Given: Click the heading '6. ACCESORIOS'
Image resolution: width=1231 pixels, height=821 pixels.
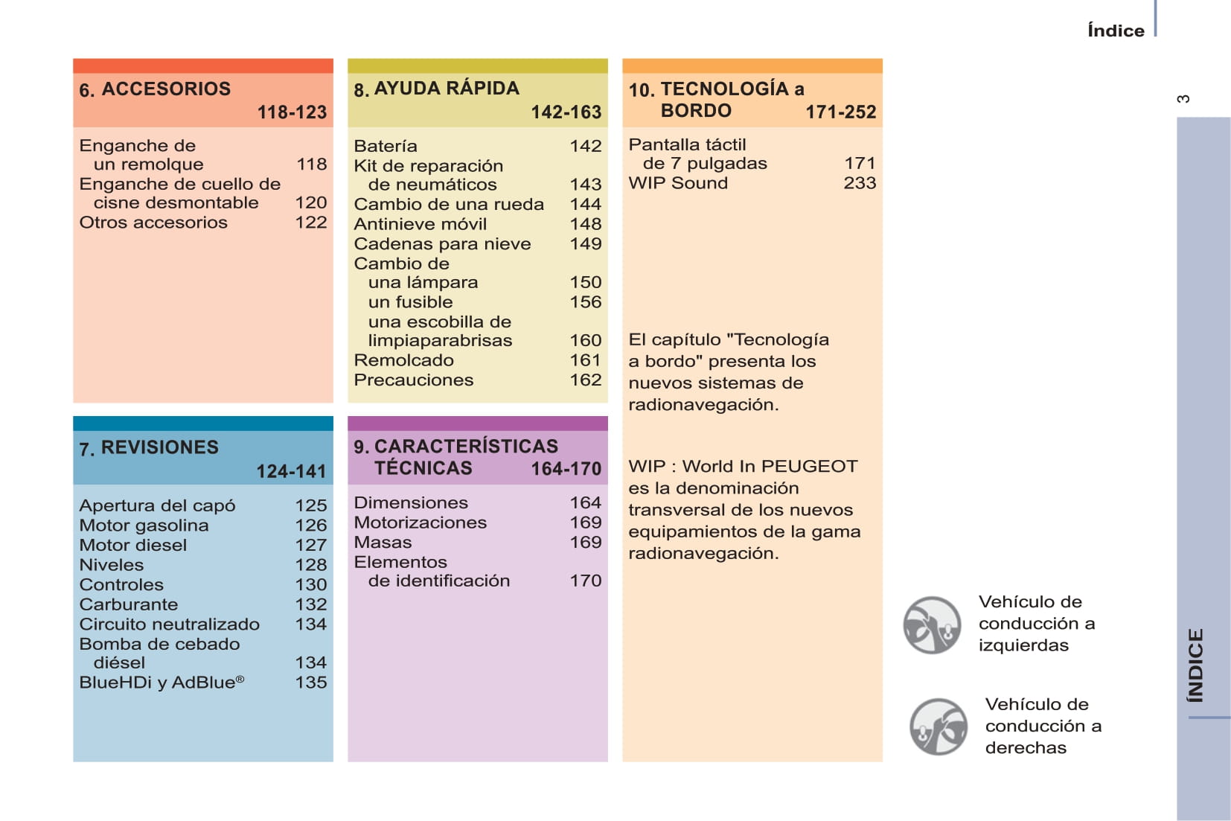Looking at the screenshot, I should (x=155, y=89).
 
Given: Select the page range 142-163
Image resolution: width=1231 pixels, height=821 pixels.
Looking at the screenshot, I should (x=566, y=112).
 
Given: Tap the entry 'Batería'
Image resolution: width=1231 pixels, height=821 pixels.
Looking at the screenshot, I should (x=386, y=146).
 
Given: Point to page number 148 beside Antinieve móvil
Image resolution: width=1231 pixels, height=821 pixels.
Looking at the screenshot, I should (x=585, y=224).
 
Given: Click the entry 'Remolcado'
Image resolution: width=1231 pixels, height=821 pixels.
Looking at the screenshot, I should (x=403, y=360).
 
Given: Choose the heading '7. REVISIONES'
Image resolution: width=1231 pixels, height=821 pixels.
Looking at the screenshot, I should (x=149, y=447).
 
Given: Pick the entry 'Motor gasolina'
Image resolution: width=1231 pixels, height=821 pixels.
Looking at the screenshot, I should (x=144, y=525).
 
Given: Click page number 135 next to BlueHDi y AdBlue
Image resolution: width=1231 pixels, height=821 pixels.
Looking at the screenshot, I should (x=310, y=683).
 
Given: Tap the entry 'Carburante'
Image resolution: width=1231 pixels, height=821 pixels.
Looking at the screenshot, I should (x=129, y=604).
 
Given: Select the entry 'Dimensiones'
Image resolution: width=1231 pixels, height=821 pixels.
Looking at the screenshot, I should (x=411, y=503).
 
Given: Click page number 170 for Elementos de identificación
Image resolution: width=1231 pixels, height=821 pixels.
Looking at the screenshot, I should (x=585, y=581).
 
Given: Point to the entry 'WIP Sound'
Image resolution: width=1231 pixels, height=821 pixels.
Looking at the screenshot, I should (x=678, y=183).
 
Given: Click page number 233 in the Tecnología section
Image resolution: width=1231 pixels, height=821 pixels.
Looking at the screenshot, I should (x=860, y=183).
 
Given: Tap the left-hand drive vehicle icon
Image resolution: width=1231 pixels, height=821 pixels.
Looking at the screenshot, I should (x=932, y=625).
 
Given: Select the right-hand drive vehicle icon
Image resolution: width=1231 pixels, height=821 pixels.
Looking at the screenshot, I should (x=939, y=726).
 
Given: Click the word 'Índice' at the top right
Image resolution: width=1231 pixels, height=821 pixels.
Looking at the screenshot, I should (x=1116, y=31).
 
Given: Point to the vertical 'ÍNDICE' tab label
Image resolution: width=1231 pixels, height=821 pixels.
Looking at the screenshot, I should (x=1195, y=665).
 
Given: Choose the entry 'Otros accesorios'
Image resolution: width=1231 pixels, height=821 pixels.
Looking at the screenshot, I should (x=153, y=223).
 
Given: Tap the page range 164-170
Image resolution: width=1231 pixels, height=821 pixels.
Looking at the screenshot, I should (x=566, y=469).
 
